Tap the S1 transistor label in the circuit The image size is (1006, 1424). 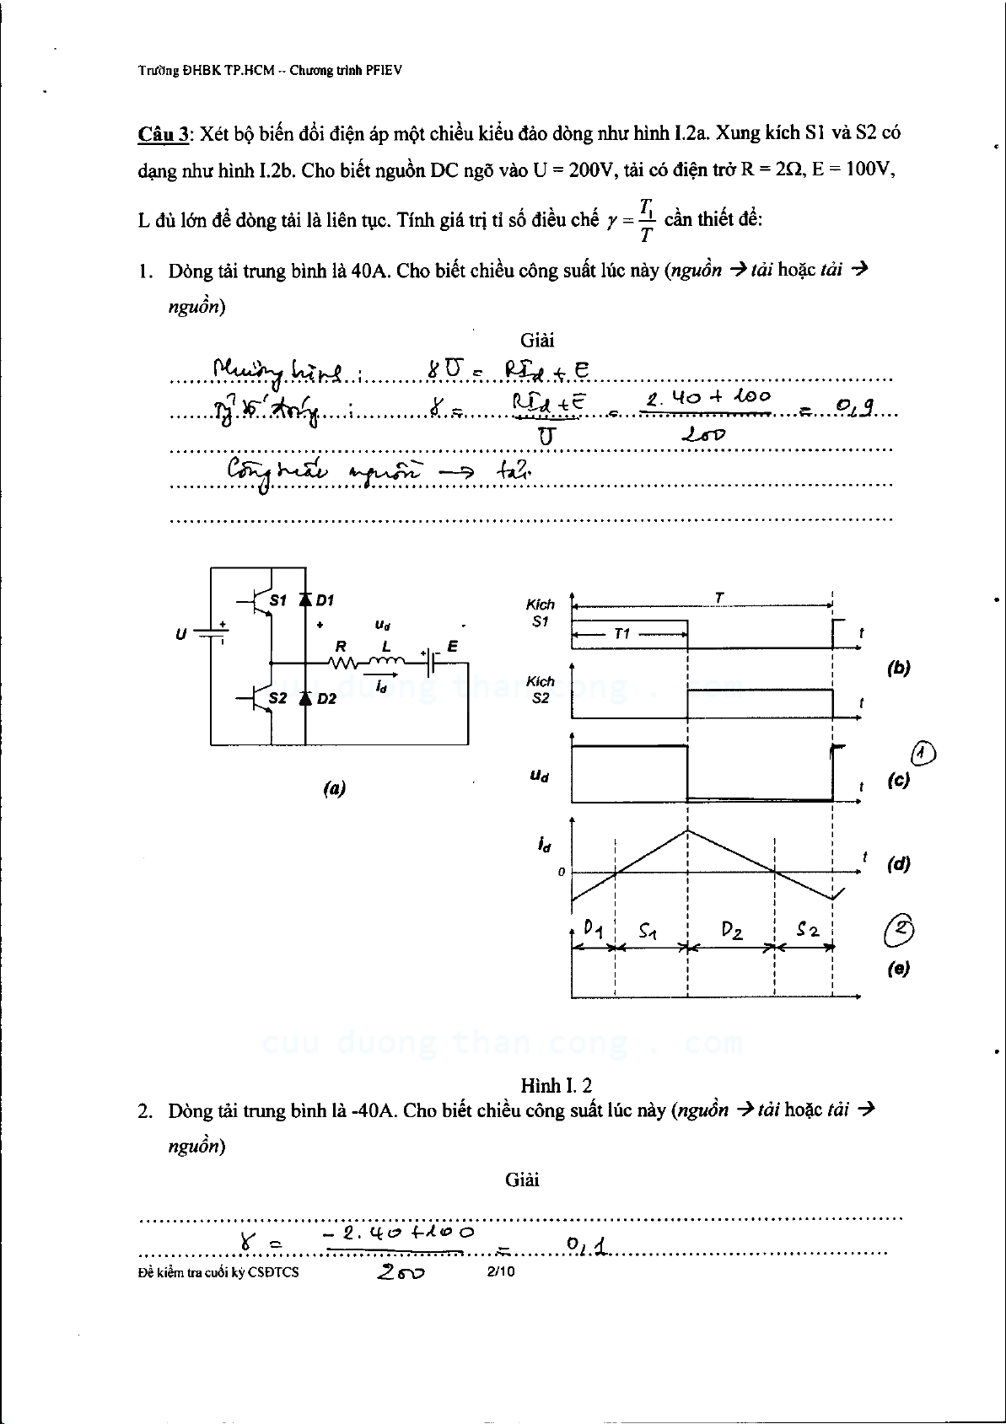277,600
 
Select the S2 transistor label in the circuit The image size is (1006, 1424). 277,698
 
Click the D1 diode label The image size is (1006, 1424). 325,600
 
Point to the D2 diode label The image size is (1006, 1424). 326,698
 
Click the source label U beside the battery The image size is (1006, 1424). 180,633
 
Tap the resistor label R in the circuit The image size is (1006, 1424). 342,647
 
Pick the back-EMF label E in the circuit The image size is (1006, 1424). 453,647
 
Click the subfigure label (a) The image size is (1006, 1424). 334,788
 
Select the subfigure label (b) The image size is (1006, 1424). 898,668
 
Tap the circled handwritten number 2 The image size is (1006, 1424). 900,930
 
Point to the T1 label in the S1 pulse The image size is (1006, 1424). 621,633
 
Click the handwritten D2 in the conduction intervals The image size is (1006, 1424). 731,932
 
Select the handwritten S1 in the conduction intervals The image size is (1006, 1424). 648,932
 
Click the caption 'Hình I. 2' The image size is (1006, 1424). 556,1084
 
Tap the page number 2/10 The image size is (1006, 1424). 501,1271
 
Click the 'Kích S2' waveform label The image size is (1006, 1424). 541,690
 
